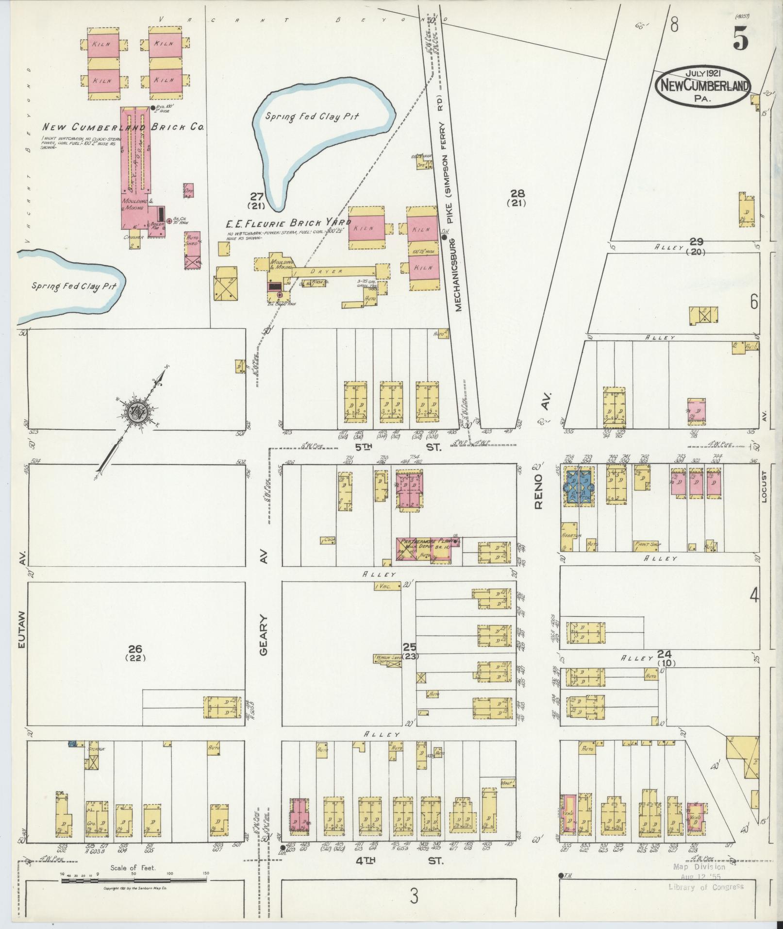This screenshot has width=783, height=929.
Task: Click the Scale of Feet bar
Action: click(134, 879)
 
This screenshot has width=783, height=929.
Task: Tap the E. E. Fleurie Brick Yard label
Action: click(288, 223)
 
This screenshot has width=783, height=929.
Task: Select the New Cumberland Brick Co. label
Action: click(122, 127)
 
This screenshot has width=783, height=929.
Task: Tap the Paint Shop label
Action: click(648, 544)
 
